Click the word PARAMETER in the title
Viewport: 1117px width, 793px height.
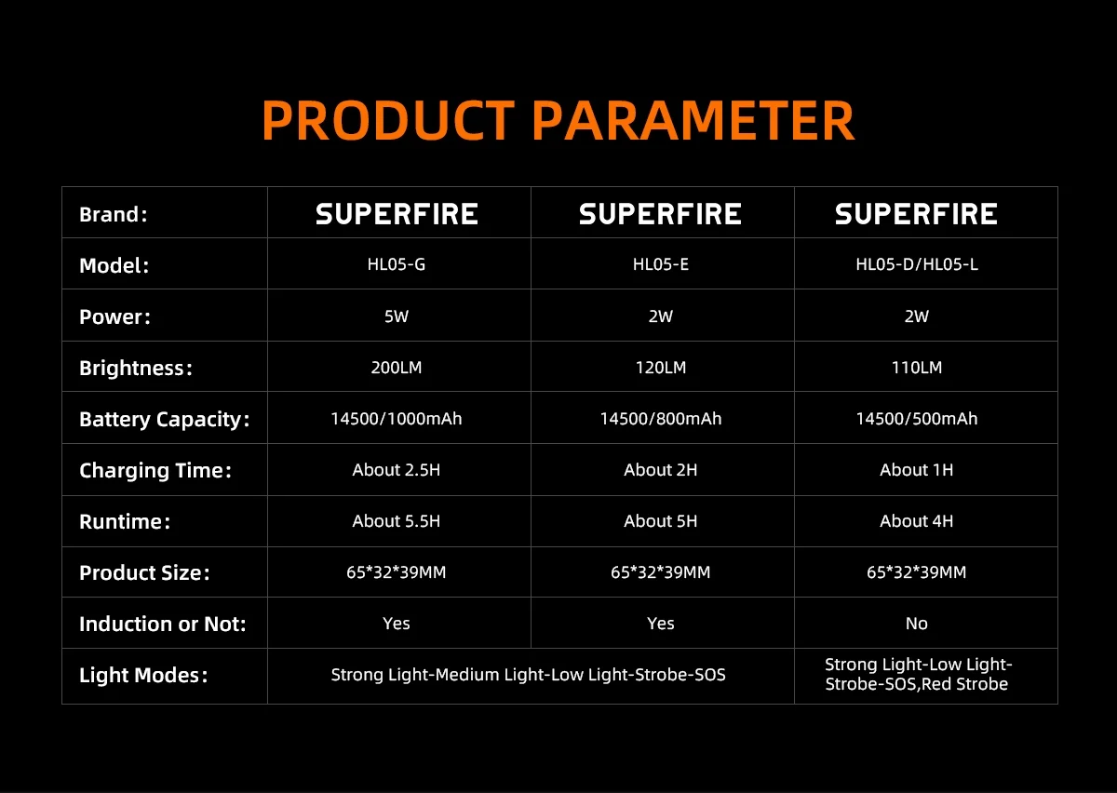(694, 120)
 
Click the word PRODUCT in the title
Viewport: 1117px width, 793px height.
(388, 120)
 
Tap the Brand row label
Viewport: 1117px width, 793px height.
(114, 214)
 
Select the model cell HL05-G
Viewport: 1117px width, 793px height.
(397, 264)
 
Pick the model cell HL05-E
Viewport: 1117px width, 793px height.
(661, 264)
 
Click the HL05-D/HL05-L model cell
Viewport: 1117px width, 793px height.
(917, 264)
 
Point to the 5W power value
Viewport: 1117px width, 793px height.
(397, 316)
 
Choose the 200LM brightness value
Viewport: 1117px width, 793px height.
(397, 368)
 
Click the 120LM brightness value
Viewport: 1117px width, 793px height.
(661, 368)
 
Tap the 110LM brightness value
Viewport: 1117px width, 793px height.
(917, 368)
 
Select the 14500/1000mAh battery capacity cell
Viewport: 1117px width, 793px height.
(397, 419)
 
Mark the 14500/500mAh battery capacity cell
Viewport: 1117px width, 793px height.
(917, 419)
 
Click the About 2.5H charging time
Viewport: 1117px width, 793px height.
(397, 470)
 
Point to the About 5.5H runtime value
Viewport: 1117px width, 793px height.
(397, 521)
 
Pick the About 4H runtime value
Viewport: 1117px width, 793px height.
(917, 521)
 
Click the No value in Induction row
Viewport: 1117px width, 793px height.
(917, 624)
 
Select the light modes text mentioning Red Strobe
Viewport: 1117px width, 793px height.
(917, 675)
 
